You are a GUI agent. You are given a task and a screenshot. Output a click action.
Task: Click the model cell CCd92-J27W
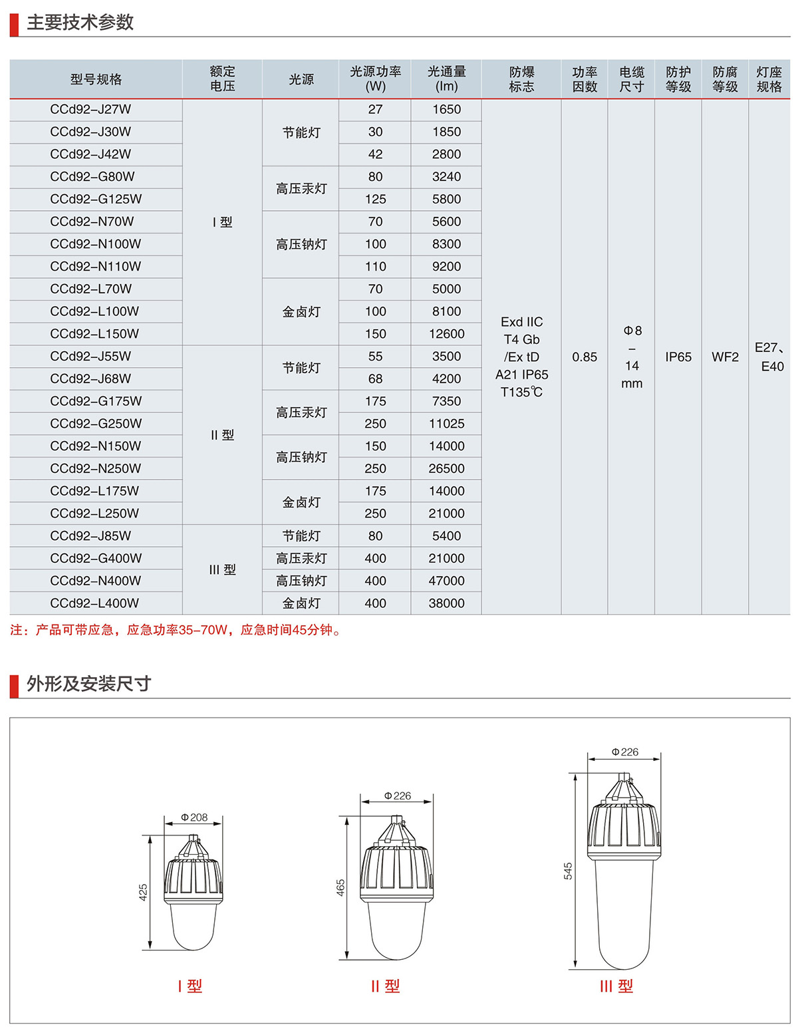click(x=91, y=110)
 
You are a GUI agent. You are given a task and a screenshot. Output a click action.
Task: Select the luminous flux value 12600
click(x=446, y=334)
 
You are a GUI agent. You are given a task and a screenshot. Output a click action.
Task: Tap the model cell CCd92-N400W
click(x=96, y=581)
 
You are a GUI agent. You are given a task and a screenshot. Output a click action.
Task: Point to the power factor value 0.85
click(x=585, y=357)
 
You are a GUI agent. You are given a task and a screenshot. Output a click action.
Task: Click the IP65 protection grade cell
click(x=678, y=357)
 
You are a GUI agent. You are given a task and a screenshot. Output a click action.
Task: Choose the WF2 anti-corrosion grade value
click(x=725, y=357)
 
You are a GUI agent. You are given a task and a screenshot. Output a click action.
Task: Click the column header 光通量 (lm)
click(x=446, y=79)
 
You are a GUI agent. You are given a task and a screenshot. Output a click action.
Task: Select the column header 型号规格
click(x=96, y=79)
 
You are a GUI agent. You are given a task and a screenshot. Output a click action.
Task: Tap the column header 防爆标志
click(x=521, y=79)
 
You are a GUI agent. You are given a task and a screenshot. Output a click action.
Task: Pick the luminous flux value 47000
click(x=446, y=581)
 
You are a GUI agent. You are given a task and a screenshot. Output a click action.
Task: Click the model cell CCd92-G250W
click(x=96, y=424)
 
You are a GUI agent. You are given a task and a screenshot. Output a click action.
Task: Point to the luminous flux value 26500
click(x=446, y=469)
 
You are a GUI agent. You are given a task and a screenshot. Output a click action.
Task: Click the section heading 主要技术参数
click(x=80, y=23)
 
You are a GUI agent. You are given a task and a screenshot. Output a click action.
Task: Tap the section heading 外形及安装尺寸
click(x=88, y=684)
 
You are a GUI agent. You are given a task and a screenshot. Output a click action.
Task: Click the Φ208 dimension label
click(x=194, y=817)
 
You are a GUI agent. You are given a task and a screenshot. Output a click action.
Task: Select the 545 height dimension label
click(x=568, y=871)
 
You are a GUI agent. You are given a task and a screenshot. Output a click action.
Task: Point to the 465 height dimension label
click(x=340, y=888)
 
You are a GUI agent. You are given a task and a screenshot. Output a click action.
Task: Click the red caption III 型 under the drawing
click(x=616, y=986)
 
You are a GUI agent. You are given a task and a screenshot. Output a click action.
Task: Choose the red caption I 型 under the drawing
click(x=190, y=986)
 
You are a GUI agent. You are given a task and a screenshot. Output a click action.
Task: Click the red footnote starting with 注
click(x=176, y=630)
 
